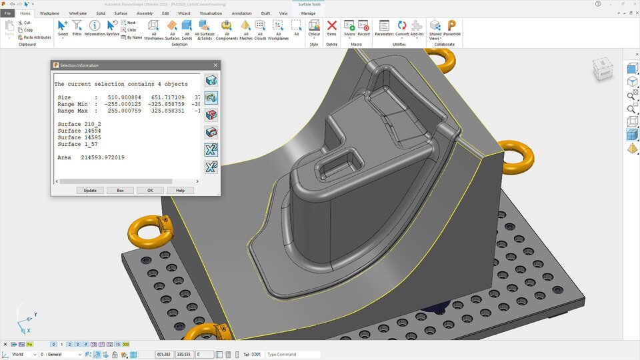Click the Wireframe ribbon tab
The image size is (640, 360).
pyautogui.click(x=78, y=13)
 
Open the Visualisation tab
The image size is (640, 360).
pyautogui.click(x=211, y=13)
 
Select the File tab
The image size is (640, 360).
pyautogui.click(x=8, y=13)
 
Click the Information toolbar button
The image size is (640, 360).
pyautogui.click(x=95, y=28)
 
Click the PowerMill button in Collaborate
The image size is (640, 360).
pyautogui.click(x=451, y=28)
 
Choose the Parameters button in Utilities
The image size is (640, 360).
pyautogui.click(x=384, y=28)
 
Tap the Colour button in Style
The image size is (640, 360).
pyautogui.click(x=314, y=28)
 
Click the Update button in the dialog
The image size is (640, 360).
pyautogui.click(x=90, y=190)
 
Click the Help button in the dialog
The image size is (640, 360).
pyautogui.click(x=180, y=190)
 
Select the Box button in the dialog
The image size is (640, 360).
pyautogui.click(x=120, y=190)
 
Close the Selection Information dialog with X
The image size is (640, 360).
pyautogui.click(x=215, y=65)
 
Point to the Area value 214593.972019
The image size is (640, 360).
pyautogui.click(x=103, y=157)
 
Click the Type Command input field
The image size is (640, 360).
pyautogui.click(x=292, y=354)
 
